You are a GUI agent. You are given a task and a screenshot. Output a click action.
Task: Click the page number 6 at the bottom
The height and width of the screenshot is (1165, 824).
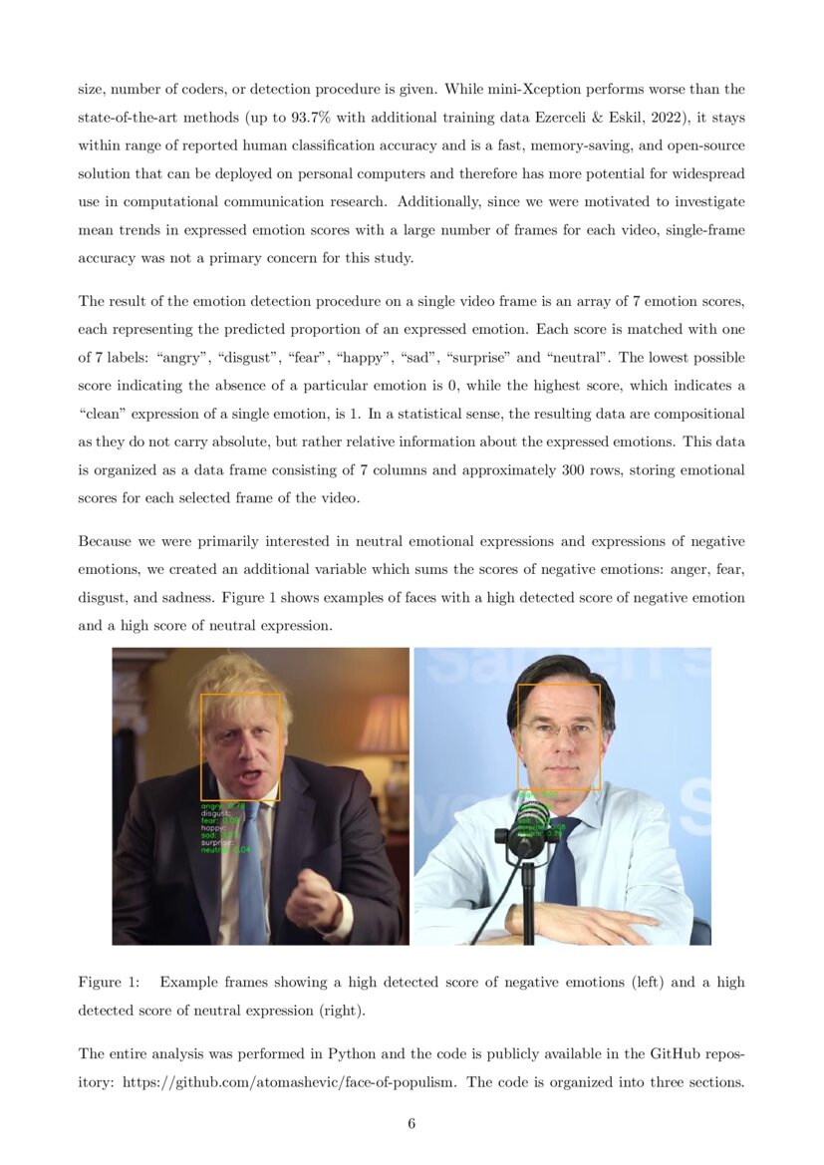point(412,1124)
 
